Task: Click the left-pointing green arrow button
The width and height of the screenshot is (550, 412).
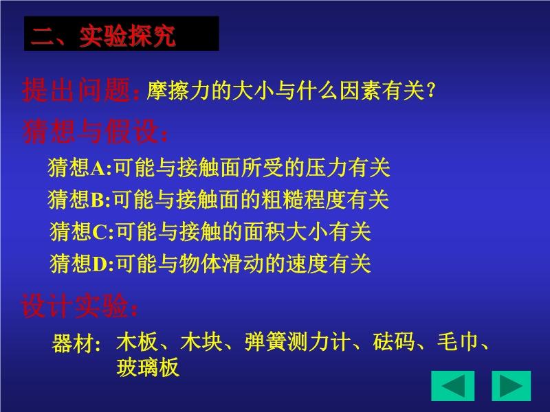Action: click(453, 386)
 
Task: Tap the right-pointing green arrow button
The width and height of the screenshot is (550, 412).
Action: click(511, 386)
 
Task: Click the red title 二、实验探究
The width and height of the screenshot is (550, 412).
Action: click(103, 36)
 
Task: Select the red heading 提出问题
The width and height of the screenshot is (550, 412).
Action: click(76, 90)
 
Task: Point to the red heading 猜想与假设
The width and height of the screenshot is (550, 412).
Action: click(90, 131)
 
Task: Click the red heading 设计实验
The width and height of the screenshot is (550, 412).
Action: click(74, 306)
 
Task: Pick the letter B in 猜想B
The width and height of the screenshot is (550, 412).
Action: click(97, 201)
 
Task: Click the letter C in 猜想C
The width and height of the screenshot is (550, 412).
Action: click(100, 232)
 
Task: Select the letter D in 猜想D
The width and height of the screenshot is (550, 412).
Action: click(100, 264)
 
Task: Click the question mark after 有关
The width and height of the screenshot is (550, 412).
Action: click(431, 91)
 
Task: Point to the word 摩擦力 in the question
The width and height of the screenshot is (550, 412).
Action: click(178, 91)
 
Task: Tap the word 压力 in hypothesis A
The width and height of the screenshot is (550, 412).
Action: click(326, 168)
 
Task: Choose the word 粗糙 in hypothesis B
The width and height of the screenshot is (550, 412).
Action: click(282, 199)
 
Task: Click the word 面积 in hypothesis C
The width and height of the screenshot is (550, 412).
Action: click(265, 231)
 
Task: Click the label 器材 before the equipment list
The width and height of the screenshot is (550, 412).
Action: click(73, 343)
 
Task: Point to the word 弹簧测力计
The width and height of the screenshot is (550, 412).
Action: click(298, 341)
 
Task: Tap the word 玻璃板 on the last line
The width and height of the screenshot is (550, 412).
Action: click(148, 367)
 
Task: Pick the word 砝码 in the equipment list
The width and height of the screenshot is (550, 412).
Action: click(393, 341)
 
